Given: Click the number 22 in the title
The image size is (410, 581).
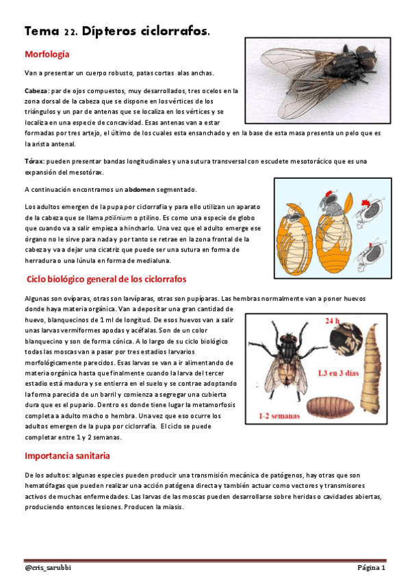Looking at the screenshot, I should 70,32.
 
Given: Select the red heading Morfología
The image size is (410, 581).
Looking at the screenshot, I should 47,54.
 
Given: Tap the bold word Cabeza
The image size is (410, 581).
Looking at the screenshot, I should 36,90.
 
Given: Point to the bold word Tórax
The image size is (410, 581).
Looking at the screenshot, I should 34,162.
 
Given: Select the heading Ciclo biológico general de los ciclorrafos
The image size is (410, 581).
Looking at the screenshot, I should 106,280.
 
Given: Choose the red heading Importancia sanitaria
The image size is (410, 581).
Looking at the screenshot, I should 67,456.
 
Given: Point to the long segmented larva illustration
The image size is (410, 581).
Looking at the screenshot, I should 373,370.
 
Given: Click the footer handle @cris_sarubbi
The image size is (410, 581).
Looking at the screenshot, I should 49,568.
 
